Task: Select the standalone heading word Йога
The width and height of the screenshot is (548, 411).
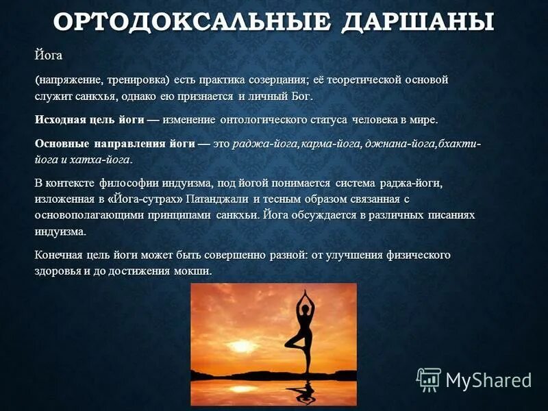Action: [x=49, y=55]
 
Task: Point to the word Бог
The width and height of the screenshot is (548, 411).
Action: [x=299, y=96]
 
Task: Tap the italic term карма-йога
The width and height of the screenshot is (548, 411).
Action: [x=320, y=144]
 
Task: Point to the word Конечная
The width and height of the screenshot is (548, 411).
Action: [x=59, y=255]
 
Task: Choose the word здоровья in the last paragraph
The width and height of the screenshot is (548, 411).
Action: [x=58, y=271]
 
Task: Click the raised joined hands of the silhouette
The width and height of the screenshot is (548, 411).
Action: [x=303, y=292]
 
